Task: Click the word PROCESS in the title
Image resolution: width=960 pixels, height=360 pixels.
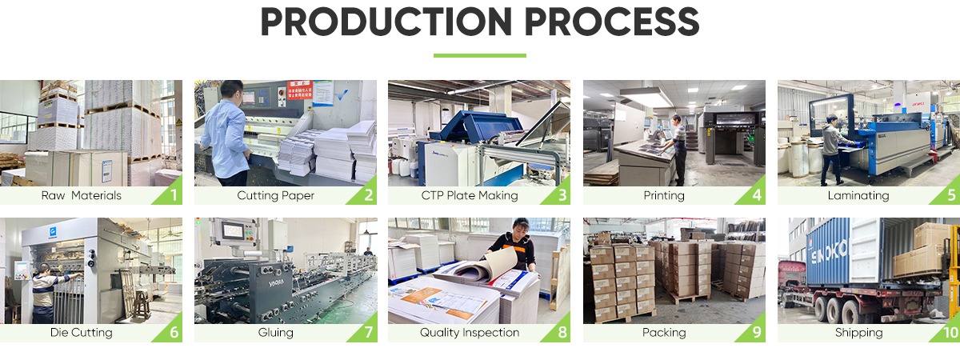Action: pos(613,22)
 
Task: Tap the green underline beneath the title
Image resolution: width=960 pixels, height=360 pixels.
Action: pos(480,55)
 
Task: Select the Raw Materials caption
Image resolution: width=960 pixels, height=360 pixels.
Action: pos(82,195)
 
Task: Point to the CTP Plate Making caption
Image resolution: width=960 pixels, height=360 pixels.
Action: pos(470,195)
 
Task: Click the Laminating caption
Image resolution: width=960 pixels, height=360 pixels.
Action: pos(858,195)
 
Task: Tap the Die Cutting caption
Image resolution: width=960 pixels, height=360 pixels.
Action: pos(82,332)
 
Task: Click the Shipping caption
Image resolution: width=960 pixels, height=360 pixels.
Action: pos(858,332)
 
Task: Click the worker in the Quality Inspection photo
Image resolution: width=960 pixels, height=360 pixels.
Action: pos(512,244)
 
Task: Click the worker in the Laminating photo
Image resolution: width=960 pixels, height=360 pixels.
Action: pos(833,144)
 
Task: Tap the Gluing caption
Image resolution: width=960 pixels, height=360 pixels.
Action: pos(276,332)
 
